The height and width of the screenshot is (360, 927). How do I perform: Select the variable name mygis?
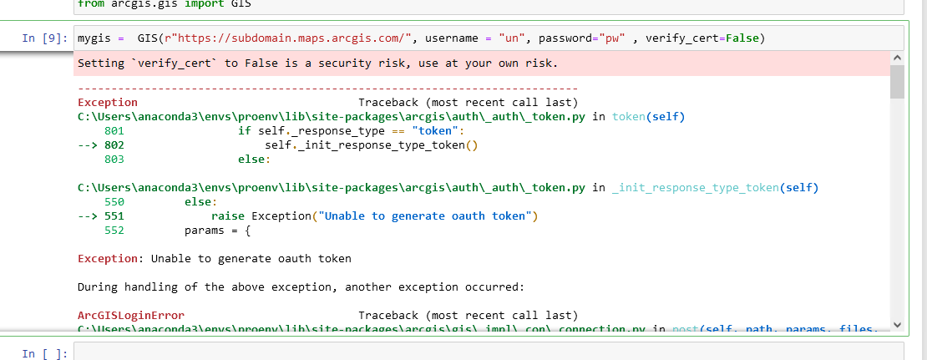(x=94, y=38)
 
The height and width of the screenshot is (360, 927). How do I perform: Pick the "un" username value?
(x=508, y=38)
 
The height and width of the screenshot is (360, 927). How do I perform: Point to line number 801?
(x=114, y=131)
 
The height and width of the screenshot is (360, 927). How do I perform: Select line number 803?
(x=114, y=160)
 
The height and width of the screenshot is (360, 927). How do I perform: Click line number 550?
(x=114, y=202)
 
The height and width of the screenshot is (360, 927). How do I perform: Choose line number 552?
(x=114, y=231)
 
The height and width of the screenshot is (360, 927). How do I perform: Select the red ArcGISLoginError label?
(x=131, y=315)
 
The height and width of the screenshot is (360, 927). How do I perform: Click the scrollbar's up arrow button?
(x=898, y=58)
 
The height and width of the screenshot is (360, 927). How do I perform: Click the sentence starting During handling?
(x=301, y=286)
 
